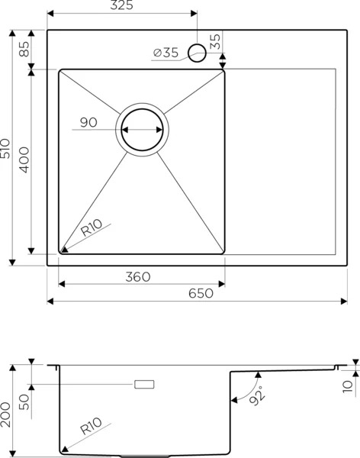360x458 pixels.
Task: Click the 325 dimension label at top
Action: (121, 5)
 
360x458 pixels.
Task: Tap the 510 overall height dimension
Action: (5, 148)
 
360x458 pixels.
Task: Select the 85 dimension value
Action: (24, 49)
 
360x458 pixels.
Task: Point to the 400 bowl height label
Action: (24, 160)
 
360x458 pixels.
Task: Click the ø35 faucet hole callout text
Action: (166, 53)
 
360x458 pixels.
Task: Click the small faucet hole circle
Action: (197, 53)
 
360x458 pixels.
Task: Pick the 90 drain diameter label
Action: (88, 122)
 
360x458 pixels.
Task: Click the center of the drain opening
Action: (142, 130)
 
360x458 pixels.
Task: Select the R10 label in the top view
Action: (92, 227)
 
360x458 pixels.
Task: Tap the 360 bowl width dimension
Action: (138, 276)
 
